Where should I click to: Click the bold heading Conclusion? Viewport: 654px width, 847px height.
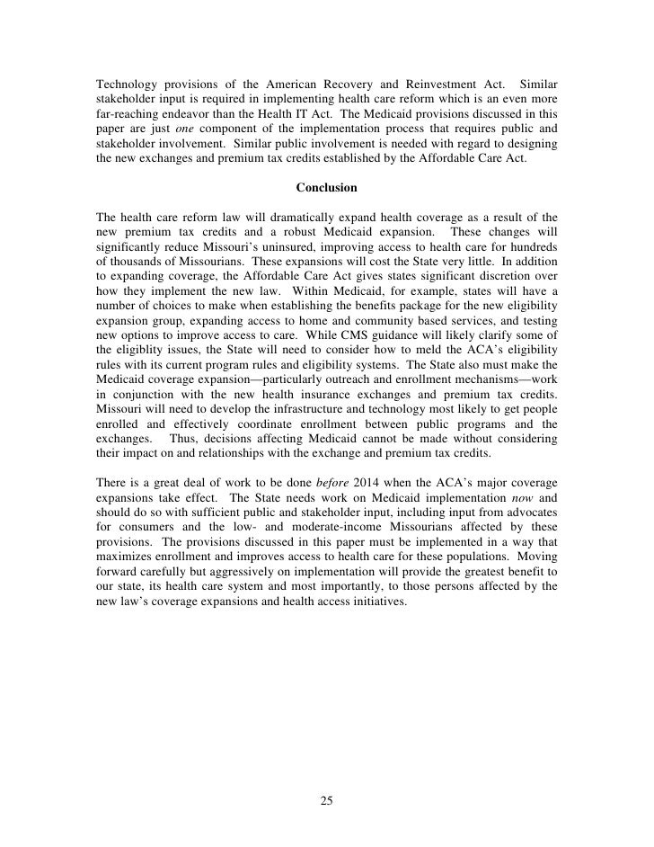pos(327,188)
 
